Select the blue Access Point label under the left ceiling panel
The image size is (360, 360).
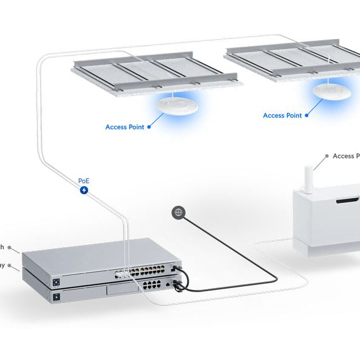[124, 127]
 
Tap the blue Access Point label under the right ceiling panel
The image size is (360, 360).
[282, 115]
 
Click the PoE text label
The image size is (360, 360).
[85, 180]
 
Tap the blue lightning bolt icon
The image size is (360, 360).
[85, 191]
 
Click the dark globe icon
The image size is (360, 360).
[178, 212]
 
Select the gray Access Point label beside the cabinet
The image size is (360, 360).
[346, 156]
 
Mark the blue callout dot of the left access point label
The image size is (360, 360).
[149, 127]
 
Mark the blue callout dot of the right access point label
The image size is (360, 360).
[307, 115]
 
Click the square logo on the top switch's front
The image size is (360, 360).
[57, 281]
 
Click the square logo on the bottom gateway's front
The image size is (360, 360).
[57, 296]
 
